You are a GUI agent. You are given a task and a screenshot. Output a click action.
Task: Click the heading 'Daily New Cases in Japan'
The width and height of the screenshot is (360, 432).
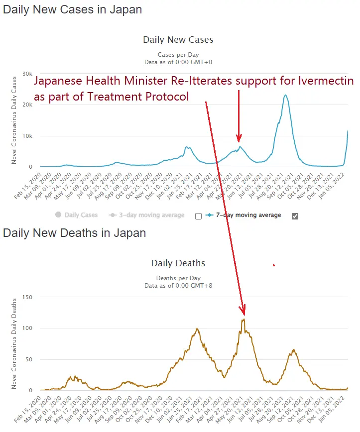72,9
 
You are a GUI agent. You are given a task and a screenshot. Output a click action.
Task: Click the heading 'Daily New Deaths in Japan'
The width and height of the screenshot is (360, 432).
75,233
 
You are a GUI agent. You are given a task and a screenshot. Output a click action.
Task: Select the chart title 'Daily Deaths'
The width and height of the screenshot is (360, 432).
178,263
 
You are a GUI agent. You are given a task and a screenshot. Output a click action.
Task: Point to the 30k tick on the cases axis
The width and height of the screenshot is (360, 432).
25,74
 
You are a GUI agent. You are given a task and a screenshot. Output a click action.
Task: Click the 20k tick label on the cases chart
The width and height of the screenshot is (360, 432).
25,105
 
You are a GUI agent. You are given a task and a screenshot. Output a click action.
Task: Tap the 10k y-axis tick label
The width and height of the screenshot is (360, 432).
25,136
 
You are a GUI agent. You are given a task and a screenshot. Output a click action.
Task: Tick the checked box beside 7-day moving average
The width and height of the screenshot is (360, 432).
294,216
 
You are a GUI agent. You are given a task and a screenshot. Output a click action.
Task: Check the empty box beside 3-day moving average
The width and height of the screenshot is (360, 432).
198,216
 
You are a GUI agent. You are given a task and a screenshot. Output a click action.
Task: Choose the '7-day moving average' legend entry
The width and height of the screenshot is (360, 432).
248,215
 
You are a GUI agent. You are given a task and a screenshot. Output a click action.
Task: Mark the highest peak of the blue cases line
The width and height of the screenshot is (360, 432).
285,95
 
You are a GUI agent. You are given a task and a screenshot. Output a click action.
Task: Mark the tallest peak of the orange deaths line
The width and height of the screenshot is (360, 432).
243,320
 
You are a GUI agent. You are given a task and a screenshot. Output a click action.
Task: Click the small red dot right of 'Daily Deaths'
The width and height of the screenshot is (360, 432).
273,265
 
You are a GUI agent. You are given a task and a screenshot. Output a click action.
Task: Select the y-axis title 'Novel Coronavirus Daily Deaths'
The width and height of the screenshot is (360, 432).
14,343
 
